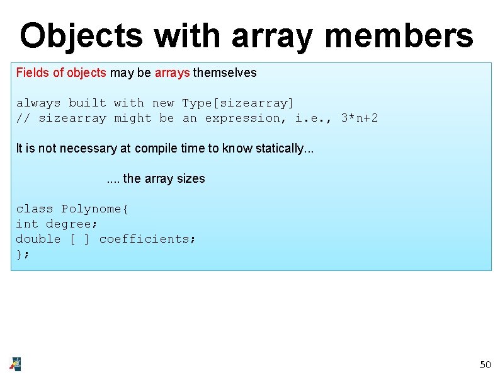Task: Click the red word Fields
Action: pyautogui.click(x=33, y=72)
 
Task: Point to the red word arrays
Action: pyautogui.click(x=172, y=72)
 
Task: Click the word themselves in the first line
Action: pyautogui.click(x=225, y=72)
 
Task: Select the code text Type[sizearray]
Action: pyautogui.click(x=238, y=103)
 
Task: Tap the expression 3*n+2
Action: pyautogui.click(x=360, y=118)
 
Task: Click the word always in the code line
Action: pyautogui.click(x=38, y=103)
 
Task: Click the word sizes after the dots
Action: pyautogui.click(x=191, y=178)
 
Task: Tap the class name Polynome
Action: pyautogui.click(x=94, y=209)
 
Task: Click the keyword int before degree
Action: pyautogui.click(x=27, y=224)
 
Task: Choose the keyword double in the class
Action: pyautogui.click(x=38, y=239)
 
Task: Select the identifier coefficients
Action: pyautogui.click(x=147, y=239)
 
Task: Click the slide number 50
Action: pyautogui.click(x=485, y=364)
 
